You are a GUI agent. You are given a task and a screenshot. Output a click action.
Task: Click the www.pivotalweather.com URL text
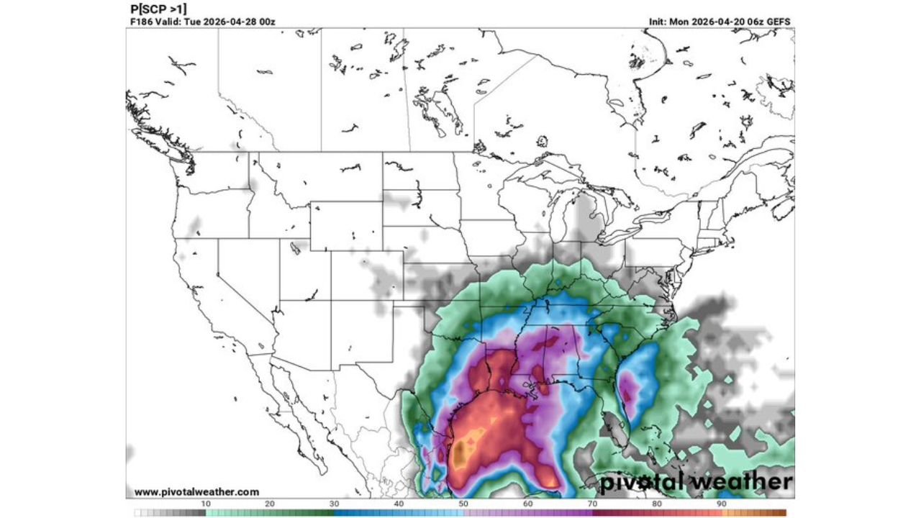pyautogui.click(x=196, y=492)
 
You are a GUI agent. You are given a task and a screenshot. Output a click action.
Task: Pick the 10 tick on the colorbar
pyautogui.click(x=206, y=504)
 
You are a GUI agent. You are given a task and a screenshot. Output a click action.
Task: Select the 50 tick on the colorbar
pyautogui.click(x=464, y=504)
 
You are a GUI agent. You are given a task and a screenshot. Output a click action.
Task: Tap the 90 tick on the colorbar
pyautogui.click(x=722, y=504)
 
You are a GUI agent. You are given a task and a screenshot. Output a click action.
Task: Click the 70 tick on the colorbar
pyautogui.click(x=593, y=504)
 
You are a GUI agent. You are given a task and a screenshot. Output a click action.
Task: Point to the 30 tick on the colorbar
pyautogui.click(x=335, y=504)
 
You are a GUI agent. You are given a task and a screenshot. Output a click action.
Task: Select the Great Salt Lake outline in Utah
pyautogui.click(x=295, y=248)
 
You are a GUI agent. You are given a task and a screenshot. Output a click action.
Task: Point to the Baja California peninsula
pyautogui.click(x=288, y=410)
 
